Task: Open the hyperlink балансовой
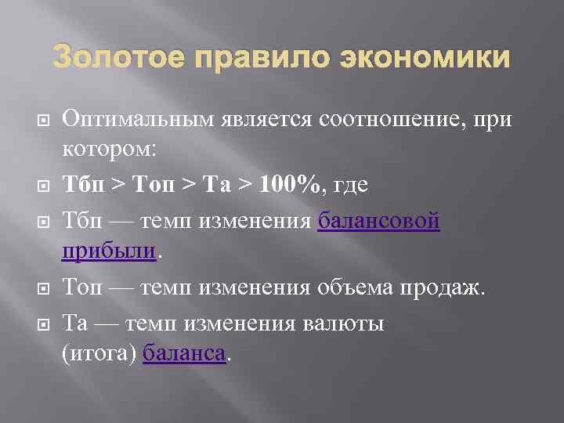click(379, 222)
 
